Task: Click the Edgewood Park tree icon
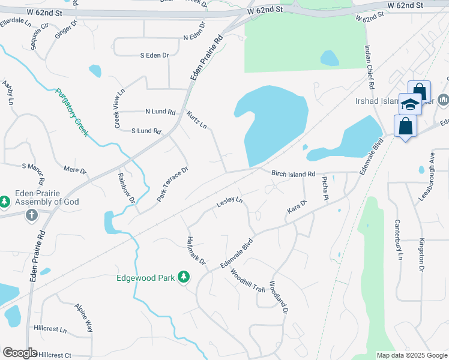coord(184,278)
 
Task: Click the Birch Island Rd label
coord(293,174)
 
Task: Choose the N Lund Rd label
coord(160,112)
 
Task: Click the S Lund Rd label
coord(146,131)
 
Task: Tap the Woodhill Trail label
coord(247,280)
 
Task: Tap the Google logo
coord(20,353)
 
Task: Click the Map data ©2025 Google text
coord(412,355)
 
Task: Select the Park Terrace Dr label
coord(173,184)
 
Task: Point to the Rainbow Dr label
coord(126,187)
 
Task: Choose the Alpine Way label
coord(83,318)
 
